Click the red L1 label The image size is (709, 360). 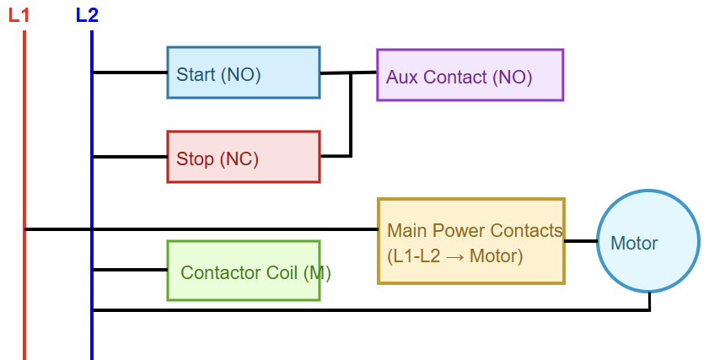click(x=19, y=14)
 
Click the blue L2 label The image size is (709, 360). click(x=87, y=14)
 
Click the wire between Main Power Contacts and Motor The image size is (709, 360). click(x=580, y=241)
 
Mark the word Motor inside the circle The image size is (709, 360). click(x=634, y=244)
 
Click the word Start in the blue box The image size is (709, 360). click(x=196, y=74)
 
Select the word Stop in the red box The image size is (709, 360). click(x=195, y=159)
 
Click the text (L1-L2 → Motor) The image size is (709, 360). click(x=455, y=255)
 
